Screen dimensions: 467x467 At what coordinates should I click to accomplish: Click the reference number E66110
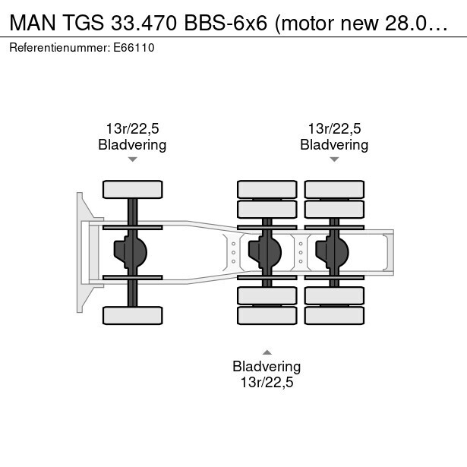pos(134,48)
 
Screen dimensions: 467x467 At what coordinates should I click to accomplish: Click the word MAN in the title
pos(33,23)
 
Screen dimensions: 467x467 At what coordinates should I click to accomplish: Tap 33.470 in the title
pos(144,23)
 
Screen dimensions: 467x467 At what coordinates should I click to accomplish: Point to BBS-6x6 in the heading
pos(226,23)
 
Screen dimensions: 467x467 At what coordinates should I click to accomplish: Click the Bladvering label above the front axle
pos(132,145)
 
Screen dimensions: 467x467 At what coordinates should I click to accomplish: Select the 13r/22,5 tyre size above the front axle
pos(133,128)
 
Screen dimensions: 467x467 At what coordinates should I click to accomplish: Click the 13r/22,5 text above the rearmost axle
pos(334,128)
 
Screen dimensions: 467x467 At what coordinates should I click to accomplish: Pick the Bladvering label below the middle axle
pos(267,366)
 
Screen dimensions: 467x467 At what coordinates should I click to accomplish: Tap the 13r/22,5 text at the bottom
pos(267,383)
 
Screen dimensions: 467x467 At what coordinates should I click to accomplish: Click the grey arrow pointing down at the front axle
pos(133,159)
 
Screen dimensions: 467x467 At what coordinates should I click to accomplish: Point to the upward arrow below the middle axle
pos(267,352)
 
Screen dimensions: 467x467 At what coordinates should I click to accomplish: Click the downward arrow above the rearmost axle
pos(334,159)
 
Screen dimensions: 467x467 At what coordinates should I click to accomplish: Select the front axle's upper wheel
pos(133,189)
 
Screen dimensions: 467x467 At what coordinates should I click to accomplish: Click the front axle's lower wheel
pos(133,315)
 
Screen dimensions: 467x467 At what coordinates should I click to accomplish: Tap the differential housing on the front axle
pos(131,252)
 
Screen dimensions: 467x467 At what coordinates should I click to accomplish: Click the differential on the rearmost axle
pos(332,252)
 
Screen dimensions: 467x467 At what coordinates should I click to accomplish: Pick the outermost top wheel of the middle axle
pos(267,189)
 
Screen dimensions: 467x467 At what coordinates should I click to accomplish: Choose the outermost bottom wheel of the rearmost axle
pos(334,315)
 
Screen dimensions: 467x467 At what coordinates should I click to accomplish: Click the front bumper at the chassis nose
pos(80,253)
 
